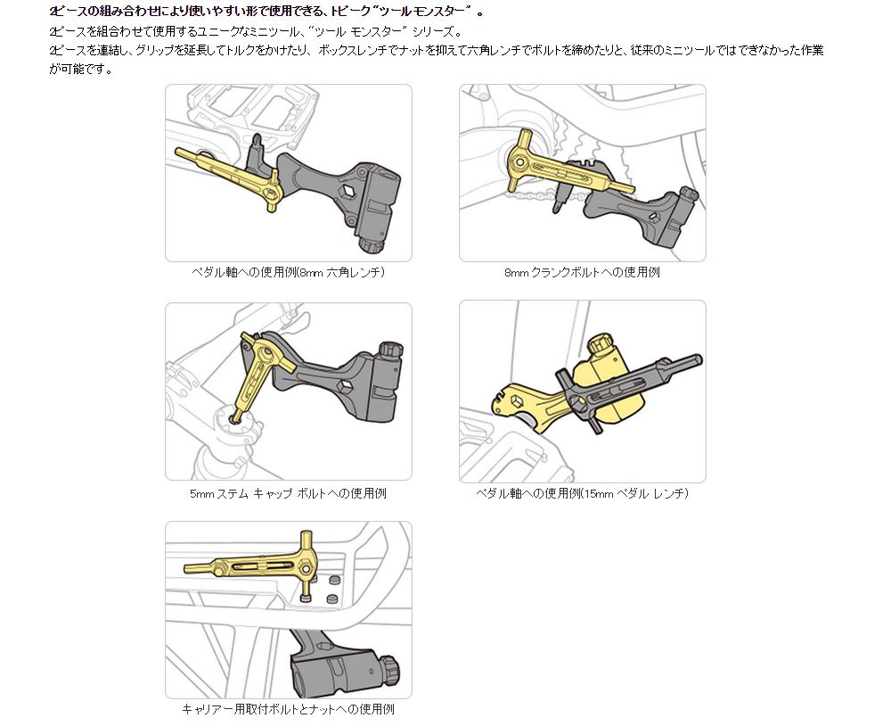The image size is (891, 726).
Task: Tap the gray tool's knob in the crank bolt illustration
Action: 688,194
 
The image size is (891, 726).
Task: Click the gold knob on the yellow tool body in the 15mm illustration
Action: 596,342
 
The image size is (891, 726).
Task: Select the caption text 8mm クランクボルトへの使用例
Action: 582,273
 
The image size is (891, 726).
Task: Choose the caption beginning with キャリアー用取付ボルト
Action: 288,710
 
